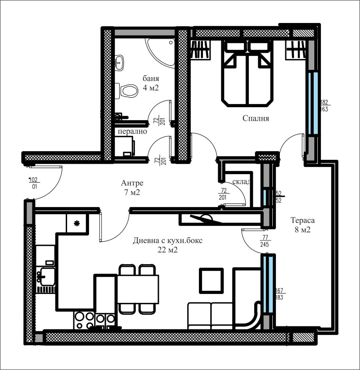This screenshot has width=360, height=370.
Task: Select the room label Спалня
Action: [x=255, y=118]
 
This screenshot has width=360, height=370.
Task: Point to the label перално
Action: [x=130, y=132]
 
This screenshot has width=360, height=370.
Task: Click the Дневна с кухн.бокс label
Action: [x=167, y=241]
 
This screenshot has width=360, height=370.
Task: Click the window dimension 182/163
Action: [x=324, y=105]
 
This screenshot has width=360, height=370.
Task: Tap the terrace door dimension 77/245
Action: [x=265, y=241]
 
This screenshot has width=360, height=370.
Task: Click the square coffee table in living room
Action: [x=211, y=280]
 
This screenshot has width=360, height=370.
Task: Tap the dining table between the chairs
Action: [x=138, y=289]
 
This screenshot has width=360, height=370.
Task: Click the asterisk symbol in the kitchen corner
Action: [x=77, y=223]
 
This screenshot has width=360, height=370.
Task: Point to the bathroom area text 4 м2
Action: [x=151, y=88]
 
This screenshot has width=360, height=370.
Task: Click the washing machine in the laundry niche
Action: [x=125, y=146]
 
